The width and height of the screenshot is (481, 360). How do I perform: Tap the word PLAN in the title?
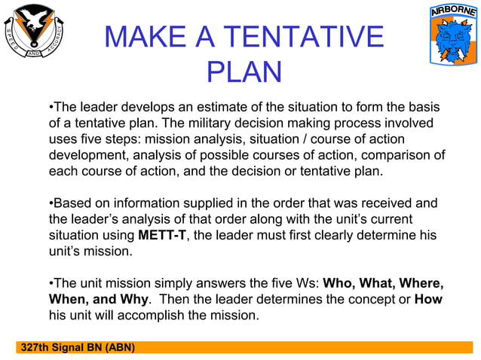coord(244,72)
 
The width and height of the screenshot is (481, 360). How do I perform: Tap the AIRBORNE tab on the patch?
coord(452,12)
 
